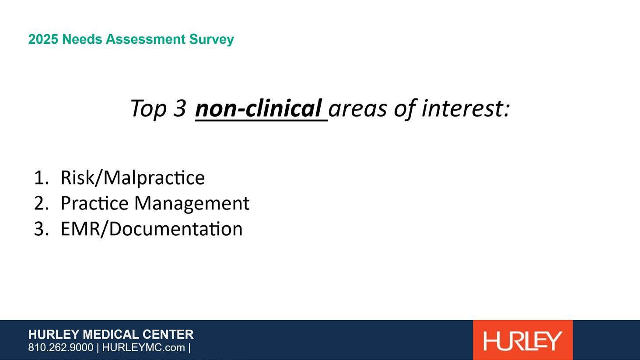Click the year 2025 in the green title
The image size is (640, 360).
43,39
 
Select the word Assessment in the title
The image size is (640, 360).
146,39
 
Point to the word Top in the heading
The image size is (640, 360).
148,109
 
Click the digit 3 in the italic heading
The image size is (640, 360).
180,108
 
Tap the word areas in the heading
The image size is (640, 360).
357,109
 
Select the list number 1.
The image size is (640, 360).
41,178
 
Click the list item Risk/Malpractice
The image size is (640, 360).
133,178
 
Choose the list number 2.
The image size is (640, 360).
41,203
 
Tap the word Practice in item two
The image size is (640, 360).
95,203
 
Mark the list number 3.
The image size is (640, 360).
41,229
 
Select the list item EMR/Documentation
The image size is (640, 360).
152,229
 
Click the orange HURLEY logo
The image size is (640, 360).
523,340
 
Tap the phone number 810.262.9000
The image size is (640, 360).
60,348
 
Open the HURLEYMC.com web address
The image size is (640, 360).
143,348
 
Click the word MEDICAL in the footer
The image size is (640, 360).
112,335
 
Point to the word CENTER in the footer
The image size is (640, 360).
168,335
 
